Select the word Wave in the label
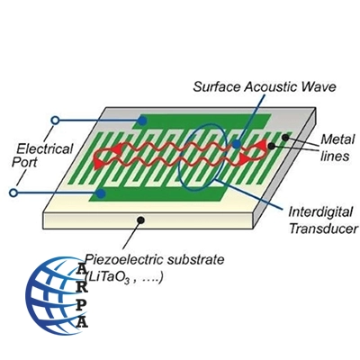(x=319, y=87)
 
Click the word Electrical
(x=45, y=148)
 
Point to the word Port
(x=24, y=162)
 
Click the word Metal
(x=337, y=139)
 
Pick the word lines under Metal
(x=335, y=156)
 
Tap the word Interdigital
(x=320, y=212)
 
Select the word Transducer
(x=324, y=229)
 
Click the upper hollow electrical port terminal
(x=55, y=121)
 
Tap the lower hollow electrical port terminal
(x=13, y=193)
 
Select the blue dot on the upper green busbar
(x=142, y=121)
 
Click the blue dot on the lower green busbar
(x=102, y=193)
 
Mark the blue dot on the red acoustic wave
(x=237, y=144)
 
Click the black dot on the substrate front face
(x=140, y=220)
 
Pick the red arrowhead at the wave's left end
(x=98, y=164)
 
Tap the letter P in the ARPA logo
(x=81, y=305)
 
